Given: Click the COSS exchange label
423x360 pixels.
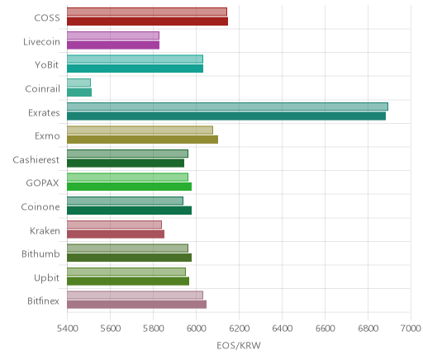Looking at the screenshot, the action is (x=47, y=18).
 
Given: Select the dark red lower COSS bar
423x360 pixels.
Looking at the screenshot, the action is (x=147, y=21).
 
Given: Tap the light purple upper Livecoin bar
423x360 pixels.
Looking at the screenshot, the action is (x=113, y=36).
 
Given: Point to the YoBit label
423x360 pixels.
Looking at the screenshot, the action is (x=47, y=65).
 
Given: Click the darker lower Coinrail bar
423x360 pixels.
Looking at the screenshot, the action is (x=79, y=92).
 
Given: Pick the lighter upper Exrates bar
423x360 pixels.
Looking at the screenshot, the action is (x=227, y=107).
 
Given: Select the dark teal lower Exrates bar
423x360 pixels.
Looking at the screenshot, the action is (x=226, y=116).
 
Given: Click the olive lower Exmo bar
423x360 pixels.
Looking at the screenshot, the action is (x=142, y=140).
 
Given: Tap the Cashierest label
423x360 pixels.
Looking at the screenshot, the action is (x=36, y=159).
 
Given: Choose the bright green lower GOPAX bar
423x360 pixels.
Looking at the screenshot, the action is (x=129, y=187).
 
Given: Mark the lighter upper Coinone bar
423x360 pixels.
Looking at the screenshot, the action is (x=125, y=201).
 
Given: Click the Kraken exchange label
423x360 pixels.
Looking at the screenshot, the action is (x=45, y=230).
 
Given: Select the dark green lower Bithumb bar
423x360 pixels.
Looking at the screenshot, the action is (x=129, y=258).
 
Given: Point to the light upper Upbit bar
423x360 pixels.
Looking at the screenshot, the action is (x=126, y=272).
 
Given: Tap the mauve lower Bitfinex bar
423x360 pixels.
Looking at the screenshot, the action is (x=136, y=305).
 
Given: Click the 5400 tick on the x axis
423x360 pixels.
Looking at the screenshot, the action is (x=67, y=329).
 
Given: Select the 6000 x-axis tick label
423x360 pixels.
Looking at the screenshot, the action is (x=197, y=329).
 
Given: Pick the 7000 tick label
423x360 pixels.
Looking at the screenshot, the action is (x=411, y=329).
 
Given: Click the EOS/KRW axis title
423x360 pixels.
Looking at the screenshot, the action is (x=239, y=345).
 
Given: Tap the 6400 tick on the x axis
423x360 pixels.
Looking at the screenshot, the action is (x=283, y=329).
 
